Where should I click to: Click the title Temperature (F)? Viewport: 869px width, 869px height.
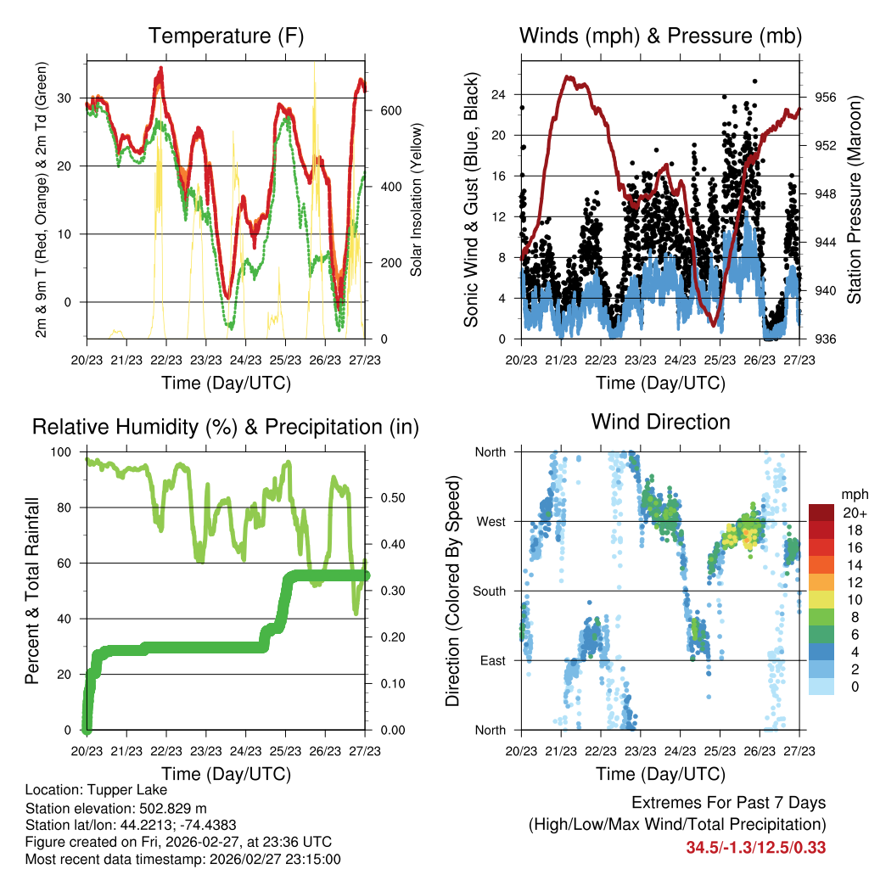pos(226,36)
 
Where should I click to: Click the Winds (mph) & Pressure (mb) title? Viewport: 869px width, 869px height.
pos(660,36)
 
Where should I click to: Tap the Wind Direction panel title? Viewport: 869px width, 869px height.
pos(660,422)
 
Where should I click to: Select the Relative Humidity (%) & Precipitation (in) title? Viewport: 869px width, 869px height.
pos(226,427)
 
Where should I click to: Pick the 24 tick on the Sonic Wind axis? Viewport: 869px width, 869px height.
pos(499,94)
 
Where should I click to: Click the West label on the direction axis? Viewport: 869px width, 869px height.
pos(491,521)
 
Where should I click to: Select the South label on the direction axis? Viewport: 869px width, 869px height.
pos(490,591)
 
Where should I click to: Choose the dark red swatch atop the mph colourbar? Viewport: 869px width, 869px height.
pos(821,513)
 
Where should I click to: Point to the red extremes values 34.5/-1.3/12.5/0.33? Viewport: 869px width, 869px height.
pos(756,847)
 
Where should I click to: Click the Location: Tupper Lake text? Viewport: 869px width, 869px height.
pos(79,789)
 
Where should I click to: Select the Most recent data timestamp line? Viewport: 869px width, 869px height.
pos(182,860)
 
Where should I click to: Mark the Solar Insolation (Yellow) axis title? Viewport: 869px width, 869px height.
pos(417,199)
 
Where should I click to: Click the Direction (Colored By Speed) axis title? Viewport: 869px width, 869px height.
pos(452,591)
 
